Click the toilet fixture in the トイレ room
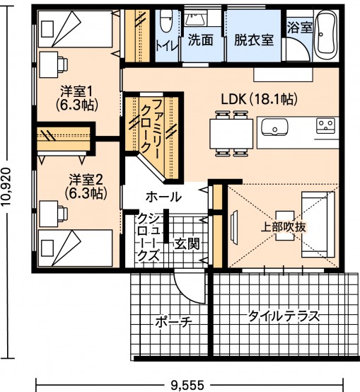[x=166, y=21]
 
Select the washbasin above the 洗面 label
[x=196, y=18]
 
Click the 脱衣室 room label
[x=254, y=40]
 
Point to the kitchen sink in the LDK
[x=274, y=127]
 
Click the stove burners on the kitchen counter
[x=326, y=126]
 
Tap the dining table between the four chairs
[x=231, y=134]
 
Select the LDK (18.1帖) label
[x=260, y=99]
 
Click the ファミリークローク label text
[x=150, y=129]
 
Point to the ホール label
[x=163, y=197]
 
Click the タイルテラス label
[x=284, y=316]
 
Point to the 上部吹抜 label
[x=284, y=227]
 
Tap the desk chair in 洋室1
[x=63, y=64]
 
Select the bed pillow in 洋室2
[x=47, y=248]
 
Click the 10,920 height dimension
[x=6, y=186]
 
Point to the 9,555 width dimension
[x=187, y=385]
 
